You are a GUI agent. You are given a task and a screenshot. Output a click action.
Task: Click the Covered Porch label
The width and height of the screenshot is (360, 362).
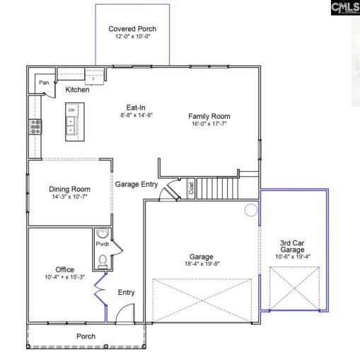(x=132, y=29)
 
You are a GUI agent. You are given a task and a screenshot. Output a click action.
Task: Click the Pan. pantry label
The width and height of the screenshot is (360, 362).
(x=44, y=83)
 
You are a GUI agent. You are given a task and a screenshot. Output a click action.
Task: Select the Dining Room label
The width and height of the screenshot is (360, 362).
(x=69, y=189)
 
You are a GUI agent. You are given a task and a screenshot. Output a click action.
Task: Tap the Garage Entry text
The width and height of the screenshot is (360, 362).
(x=137, y=185)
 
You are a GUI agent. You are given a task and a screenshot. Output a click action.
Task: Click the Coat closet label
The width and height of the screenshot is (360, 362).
(x=190, y=188)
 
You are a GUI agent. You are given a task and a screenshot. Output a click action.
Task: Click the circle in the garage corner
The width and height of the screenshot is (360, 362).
(x=250, y=210)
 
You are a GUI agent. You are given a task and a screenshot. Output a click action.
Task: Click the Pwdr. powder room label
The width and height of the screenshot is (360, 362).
(x=102, y=243)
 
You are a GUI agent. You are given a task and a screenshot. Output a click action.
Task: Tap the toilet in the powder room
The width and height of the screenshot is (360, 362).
(x=103, y=261)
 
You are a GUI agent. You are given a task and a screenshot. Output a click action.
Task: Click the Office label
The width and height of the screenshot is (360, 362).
(x=65, y=269)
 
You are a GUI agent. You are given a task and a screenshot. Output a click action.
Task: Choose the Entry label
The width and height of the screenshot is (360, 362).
(x=127, y=292)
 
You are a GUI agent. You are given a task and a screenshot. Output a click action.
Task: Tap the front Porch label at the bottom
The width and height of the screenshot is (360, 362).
(x=86, y=337)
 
